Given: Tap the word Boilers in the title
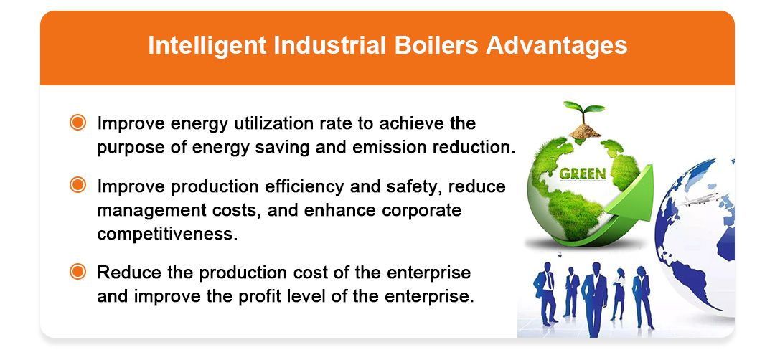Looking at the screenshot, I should tap(438, 46).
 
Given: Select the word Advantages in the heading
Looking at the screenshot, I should tap(557, 46).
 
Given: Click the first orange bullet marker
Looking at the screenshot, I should tap(77, 123).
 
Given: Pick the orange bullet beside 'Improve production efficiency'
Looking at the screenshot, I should tap(77, 186).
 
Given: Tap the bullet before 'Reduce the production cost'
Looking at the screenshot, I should tap(77, 272).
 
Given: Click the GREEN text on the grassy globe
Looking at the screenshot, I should tap(582, 173).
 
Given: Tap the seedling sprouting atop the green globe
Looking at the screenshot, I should tap(583, 111).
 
